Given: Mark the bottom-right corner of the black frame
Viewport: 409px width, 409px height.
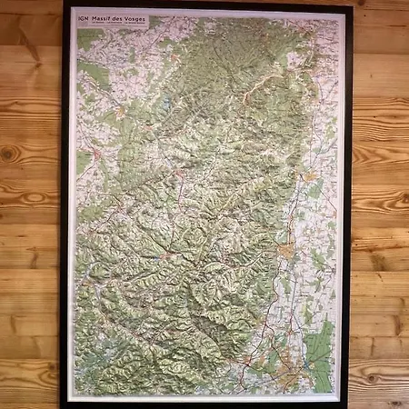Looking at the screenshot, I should (x=350, y=404).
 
